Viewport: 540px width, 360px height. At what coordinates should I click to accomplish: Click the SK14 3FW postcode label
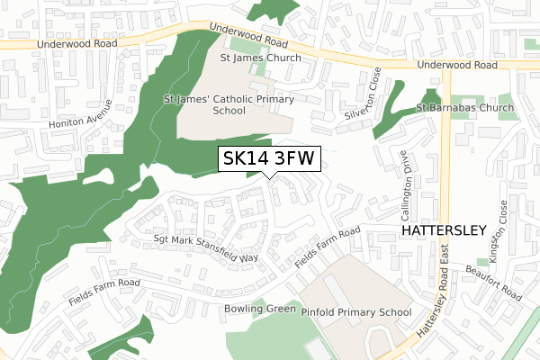click(x=268, y=158)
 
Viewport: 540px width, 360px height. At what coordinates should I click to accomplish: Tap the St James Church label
click(x=261, y=58)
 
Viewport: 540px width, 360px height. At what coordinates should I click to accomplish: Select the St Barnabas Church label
click(x=464, y=108)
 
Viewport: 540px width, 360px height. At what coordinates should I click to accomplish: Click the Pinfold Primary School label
click(x=355, y=312)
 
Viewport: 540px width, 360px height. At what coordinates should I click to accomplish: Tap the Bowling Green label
click(x=259, y=309)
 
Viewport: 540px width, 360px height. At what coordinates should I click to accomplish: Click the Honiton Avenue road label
click(x=90, y=118)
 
